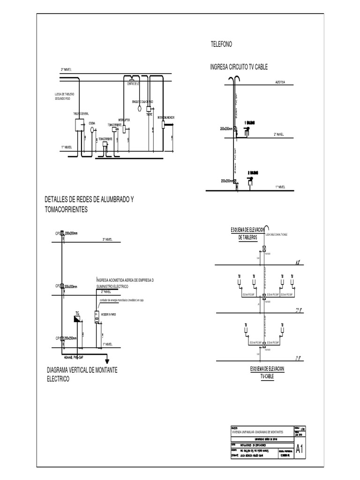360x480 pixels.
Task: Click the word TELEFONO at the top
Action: (x=221, y=44)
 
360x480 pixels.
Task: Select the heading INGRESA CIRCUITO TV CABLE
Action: (x=239, y=67)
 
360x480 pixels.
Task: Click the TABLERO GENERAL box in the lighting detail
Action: (x=79, y=124)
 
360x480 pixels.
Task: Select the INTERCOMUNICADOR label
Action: (x=166, y=117)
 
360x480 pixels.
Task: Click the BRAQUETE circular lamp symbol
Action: (x=139, y=108)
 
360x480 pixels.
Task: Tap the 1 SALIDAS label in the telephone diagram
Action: (x=249, y=122)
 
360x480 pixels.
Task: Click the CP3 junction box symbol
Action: (x=62, y=233)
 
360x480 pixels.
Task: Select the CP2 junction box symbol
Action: (x=62, y=286)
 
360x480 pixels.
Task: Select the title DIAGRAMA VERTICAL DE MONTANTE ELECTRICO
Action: (x=82, y=374)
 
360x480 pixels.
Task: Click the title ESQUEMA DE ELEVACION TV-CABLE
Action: (x=267, y=372)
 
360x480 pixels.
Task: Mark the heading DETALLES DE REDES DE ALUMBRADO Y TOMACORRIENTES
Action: (x=89, y=205)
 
